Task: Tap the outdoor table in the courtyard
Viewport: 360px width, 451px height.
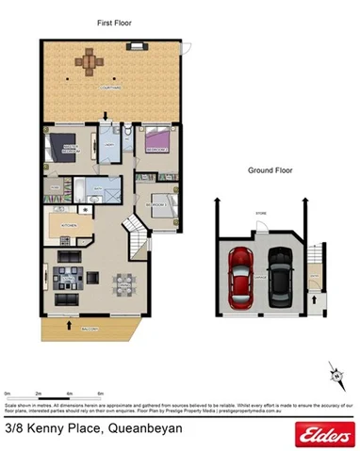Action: click(90, 63)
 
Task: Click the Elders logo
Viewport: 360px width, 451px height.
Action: click(321, 433)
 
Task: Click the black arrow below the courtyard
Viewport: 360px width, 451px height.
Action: click(106, 117)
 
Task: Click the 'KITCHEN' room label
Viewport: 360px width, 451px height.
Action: click(67, 227)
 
